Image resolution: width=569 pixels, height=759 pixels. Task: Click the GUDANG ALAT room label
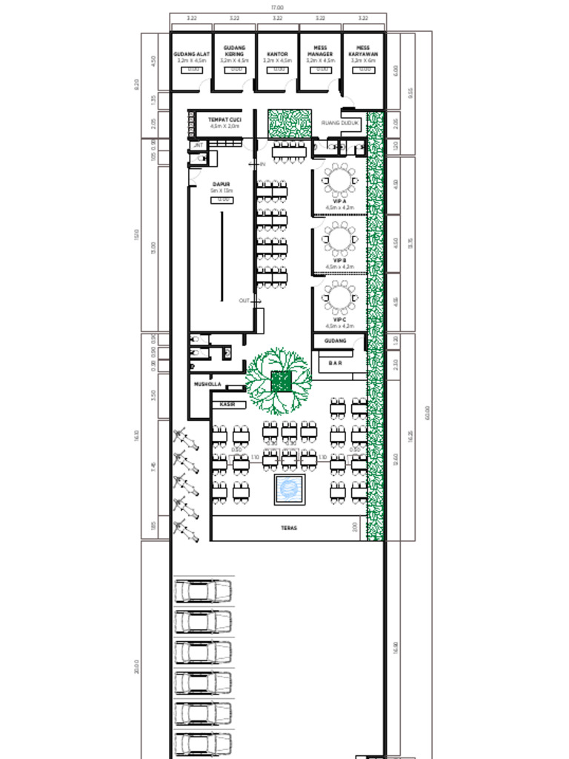click(192, 54)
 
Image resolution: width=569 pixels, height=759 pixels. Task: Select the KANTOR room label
click(277, 54)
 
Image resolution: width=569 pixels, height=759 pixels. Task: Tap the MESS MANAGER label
click(320, 50)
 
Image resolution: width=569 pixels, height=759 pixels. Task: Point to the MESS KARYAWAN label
click(363, 50)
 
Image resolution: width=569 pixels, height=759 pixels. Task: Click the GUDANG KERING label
click(234, 50)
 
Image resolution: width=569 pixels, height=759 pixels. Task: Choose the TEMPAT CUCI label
click(224, 119)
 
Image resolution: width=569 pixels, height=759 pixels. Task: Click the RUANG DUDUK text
click(340, 123)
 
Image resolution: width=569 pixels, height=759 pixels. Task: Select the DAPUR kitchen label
click(221, 184)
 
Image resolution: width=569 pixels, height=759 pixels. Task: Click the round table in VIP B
click(340, 239)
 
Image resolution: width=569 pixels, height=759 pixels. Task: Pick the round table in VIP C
click(340, 298)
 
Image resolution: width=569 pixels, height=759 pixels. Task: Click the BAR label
click(336, 363)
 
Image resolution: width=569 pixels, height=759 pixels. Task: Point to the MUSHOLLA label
click(207, 385)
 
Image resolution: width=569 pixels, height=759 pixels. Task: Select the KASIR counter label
click(227, 405)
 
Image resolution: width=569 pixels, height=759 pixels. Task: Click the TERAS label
click(289, 528)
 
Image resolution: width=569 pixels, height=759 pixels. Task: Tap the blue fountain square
click(289, 489)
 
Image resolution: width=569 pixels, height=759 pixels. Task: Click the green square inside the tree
click(280, 382)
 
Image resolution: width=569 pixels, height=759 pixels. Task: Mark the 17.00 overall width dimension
click(277, 7)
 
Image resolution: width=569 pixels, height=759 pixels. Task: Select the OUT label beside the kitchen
click(244, 300)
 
